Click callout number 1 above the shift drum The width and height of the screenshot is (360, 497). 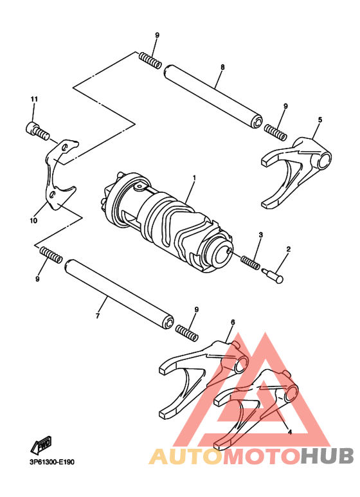(x=194, y=177)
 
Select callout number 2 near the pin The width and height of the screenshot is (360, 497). (x=289, y=249)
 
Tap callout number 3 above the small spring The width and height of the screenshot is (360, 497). (x=261, y=235)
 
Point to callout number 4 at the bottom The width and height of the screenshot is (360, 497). (x=289, y=433)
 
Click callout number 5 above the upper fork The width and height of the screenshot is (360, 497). (x=320, y=120)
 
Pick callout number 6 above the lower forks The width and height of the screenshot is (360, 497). (x=232, y=323)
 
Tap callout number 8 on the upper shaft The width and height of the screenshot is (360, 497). (x=222, y=67)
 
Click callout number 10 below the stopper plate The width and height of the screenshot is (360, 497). (x=33, y=221)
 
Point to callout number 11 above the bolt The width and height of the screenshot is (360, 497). (x=34, y=99)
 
